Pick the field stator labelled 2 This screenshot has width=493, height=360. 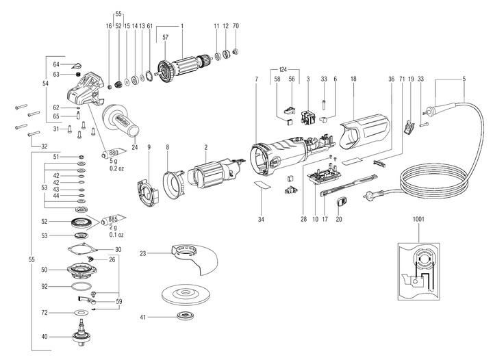[x=210, y=175]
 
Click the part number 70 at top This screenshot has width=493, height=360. [x=236, y=26]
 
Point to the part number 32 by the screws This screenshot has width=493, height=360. [x=45, y=146]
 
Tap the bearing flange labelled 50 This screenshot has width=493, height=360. [x=82, y=269]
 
